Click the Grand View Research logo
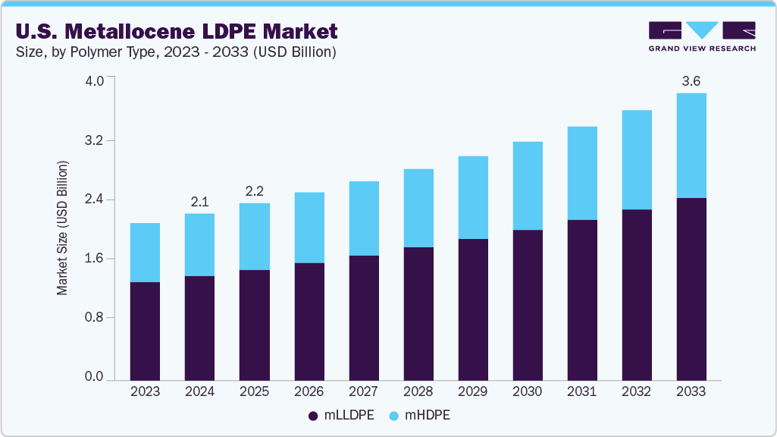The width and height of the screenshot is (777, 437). (x=702, y=36)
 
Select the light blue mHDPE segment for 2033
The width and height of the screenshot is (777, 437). (x=691, y=146)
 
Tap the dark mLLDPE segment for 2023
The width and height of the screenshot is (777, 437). (x=145, y=331)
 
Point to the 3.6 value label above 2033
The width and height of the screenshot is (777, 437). (x=691, y=80)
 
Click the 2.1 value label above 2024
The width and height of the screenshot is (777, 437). (x=199, y=201)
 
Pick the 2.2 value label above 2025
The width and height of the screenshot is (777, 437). (x=254, y=190)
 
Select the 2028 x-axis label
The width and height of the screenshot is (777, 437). (x=418, y=392)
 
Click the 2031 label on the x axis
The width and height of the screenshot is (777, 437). (x=581, y=392)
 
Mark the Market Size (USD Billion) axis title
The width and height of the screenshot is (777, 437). (x=63, y=228)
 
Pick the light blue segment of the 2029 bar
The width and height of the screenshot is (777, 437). (x=472, y=197)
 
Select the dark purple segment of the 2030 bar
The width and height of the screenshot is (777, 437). (x=527, y=304)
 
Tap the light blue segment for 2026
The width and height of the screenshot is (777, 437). (x=309, y=228)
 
